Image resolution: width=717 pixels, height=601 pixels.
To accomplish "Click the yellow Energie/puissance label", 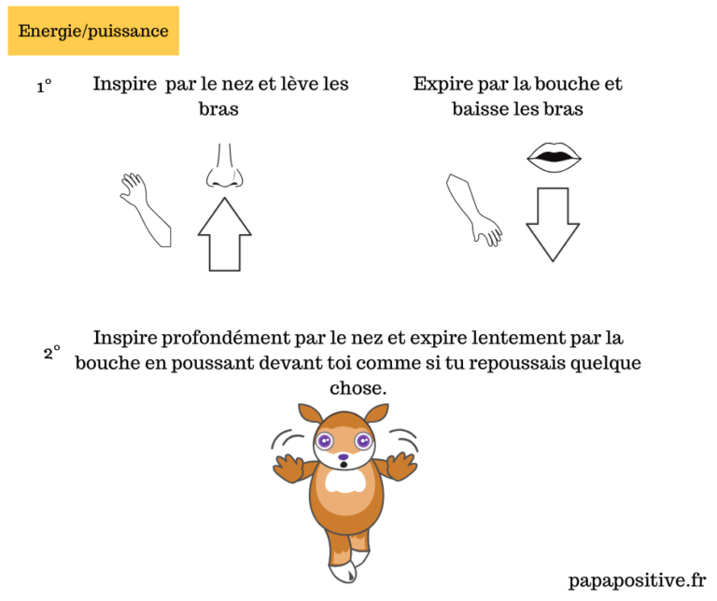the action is (x=93, y=31).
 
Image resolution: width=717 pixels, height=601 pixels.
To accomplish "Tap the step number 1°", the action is (x=45, y=86).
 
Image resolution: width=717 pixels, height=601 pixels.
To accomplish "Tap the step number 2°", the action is (x=51, y=353).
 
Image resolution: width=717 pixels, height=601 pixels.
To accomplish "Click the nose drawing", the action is (x=224, y=165).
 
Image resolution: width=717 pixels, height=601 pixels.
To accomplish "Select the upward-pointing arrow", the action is (x=224, y=234).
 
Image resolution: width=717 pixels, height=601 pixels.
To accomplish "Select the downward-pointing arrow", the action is (x=553, y=224).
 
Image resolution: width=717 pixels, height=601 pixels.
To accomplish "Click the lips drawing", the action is (x=554, y=158).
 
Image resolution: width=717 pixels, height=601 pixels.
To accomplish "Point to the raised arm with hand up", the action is (x=146, y=210).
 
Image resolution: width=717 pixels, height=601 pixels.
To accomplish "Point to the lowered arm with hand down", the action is (x=474, y=210).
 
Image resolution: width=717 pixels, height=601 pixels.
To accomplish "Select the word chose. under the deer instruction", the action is (x=358, y=388).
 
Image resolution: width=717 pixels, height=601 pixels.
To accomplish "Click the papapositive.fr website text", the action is (x=637, y=580).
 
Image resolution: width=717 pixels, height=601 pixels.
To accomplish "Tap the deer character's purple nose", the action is (x=344, y=456).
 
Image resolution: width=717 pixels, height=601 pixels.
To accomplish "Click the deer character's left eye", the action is (x=325, y=441).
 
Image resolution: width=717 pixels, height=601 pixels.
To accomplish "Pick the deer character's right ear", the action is (x=376, y=413).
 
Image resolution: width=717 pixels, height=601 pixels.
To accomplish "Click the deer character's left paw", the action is (x=290, y=468).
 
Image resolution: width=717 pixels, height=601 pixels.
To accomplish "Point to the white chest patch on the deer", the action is (x=345, y=482).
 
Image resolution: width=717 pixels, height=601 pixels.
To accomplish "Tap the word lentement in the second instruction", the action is (x=518, y=338).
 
